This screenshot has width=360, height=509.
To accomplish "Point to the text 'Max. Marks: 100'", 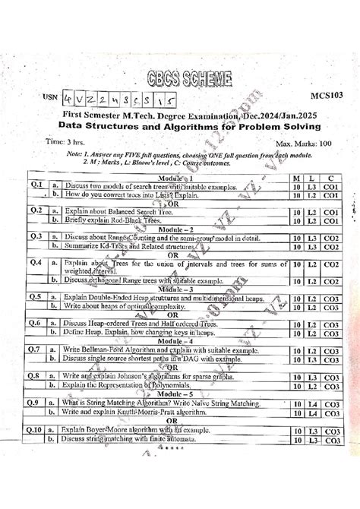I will [304, 143].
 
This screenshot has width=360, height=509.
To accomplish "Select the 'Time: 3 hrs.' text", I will [66, 141].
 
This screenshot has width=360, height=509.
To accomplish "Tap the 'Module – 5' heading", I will [180, 396].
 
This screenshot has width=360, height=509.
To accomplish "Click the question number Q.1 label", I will [35, 185].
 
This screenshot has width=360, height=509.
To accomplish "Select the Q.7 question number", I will [35, 349].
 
